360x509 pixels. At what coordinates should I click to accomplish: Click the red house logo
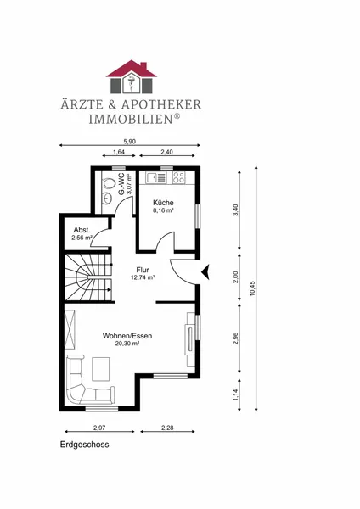[132, 77]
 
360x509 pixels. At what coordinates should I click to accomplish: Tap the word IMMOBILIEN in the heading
[132, 119]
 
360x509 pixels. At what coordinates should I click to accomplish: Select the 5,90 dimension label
[129, 141]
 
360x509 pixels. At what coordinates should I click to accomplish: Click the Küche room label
[163, 203]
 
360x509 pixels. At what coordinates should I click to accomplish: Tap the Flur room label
[143, 270]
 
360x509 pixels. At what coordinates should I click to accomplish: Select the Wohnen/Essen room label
[127, 336]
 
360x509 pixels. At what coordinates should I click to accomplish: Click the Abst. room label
[82, 230]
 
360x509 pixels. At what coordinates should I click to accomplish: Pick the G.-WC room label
[121, 184]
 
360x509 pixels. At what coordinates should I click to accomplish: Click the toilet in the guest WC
[108, 183]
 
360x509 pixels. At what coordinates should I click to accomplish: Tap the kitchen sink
[156, 177]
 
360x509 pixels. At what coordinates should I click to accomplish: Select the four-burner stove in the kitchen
[178, 177]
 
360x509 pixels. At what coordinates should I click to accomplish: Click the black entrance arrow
[205, 272]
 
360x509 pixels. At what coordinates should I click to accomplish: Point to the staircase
[88, 277]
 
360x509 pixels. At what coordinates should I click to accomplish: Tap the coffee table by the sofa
[101, 369]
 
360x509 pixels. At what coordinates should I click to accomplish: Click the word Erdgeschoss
[84, 445]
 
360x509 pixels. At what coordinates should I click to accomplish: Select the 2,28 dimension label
[167, 428]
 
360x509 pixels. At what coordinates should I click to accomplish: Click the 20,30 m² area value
[127, 344]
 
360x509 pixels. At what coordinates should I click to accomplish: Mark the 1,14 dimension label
[236, 394]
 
